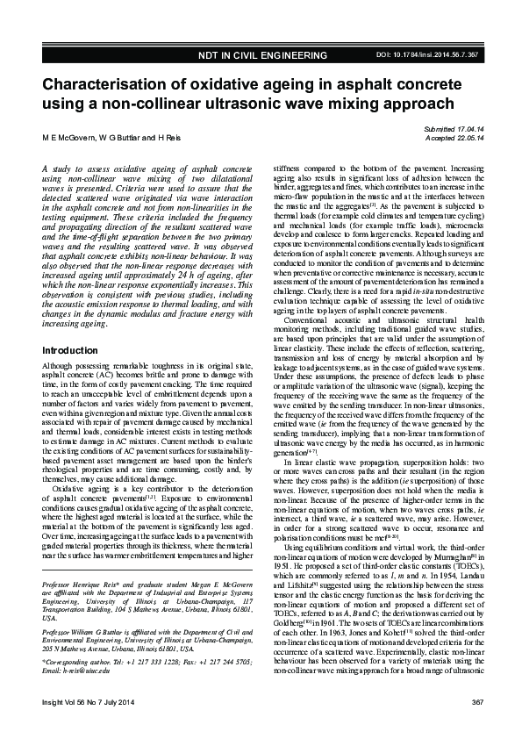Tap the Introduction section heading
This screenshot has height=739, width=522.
click(70, 351)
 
